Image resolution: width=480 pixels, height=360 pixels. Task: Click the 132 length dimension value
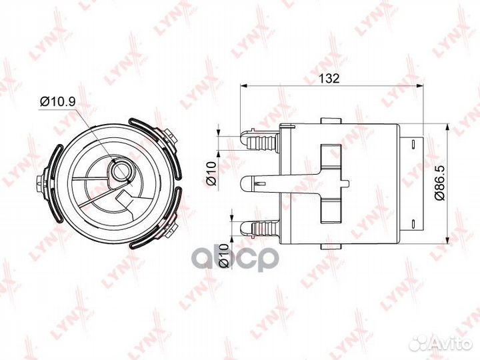[x=329, y=79]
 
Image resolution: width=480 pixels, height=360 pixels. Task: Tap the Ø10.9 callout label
[x=57, y=101]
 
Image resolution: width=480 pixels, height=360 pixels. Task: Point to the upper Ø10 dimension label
[x=211, y=173]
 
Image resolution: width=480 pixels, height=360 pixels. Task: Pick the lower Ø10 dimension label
[x=225, y=255]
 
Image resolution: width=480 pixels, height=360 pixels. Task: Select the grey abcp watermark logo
[x=235, y=259]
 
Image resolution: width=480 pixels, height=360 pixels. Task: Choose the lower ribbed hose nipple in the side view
[x=260, y=228]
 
